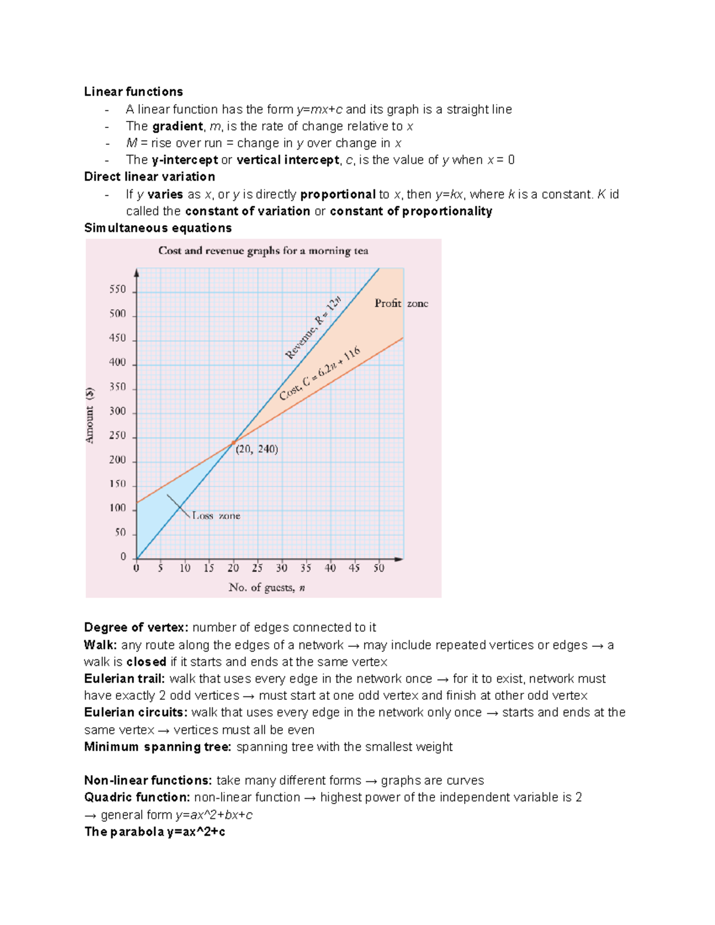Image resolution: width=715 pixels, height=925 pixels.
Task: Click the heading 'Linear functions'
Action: click(133, 92)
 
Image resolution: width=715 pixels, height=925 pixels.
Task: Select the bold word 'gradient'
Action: click(178, 126)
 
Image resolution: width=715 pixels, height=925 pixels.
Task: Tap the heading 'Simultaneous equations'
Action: click(157, 228)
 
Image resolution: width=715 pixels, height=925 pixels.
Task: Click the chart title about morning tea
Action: click(263, 251)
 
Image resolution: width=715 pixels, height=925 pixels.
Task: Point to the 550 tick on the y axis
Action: click(118, 289)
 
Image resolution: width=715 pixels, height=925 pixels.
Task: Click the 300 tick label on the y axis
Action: click(118, 411)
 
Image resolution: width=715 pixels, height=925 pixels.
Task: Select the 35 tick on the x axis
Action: click(306, 568)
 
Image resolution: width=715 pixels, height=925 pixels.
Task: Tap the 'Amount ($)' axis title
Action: click(90, 415)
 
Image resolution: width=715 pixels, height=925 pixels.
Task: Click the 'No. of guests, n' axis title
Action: click(266, 588)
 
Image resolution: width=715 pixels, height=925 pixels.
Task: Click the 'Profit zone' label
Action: click(401, 303)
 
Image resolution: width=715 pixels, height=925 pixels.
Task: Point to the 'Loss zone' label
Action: click(216, 516)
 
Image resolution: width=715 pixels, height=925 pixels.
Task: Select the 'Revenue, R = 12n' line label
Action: click(313, 328)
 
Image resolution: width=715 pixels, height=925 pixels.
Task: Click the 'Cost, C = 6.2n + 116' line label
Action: click(320, 373)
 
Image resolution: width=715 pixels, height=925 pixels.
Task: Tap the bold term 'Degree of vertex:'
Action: click(136, 628)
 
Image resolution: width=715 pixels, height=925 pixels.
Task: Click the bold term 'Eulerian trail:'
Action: click(124, 679)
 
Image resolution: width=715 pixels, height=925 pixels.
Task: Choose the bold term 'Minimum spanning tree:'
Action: click(157, 747)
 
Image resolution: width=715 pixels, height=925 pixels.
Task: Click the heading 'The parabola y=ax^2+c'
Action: click(154, 832)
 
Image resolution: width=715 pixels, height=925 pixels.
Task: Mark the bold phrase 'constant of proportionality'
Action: click(411, 211)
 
